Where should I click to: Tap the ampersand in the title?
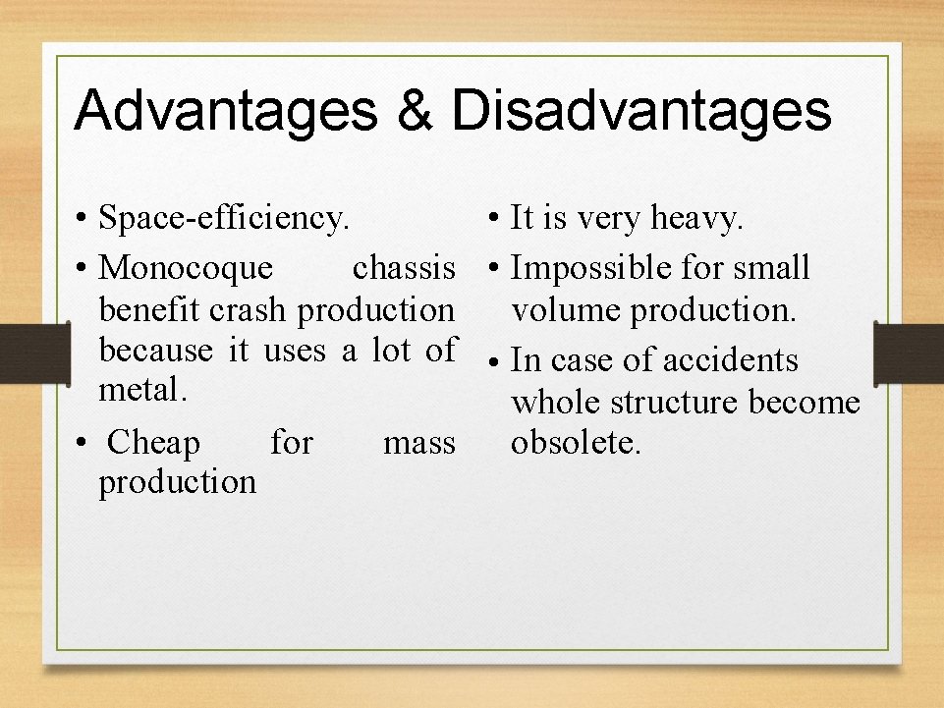pos(414,110)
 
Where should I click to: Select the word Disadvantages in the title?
pos(640,110)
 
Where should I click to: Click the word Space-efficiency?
pos(224,218)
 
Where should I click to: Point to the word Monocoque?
pos(188,267)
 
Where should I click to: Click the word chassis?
pos(404,267)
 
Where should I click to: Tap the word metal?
pos(141,390)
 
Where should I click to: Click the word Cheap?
pos(153,443)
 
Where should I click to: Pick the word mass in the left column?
pos(419,443)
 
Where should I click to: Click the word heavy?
pos(697,218)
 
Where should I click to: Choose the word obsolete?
pos(576,443)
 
